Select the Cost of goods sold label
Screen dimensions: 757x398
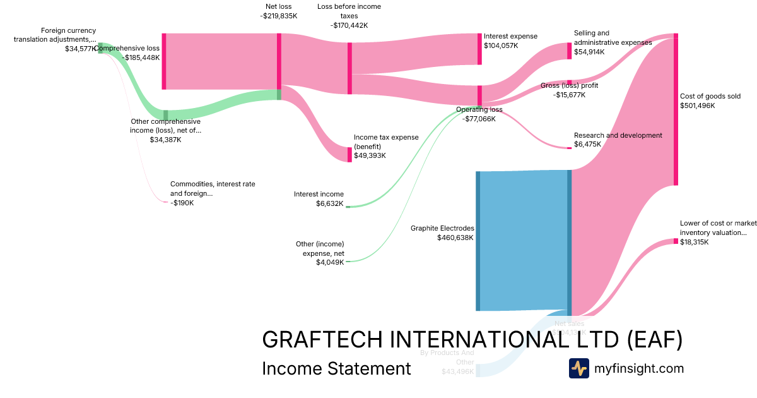click(x=710, y=97)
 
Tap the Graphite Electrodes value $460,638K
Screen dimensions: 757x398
click(x=455, y=238)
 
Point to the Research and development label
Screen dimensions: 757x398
click(x=618, y=135)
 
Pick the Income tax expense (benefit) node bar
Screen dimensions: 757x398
click(x=349, y=155)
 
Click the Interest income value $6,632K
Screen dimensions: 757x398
click(x=330, y=204)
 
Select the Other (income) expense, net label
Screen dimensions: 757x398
click(x=320, y=248)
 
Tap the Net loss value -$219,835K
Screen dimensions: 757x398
click(x=278, y=16)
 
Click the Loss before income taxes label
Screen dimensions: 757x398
click(x=349, y=11)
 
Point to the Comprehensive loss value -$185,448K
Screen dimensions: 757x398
click(x=141, y=57)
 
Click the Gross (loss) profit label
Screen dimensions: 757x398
click(x=569, y=86)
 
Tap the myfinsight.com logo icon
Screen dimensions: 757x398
click(x=578, y=368)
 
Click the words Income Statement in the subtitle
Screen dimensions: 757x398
click(x=336, y=368)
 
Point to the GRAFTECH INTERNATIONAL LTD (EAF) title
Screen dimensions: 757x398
click(x=472, y=340)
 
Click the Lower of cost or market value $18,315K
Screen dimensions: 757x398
click(x=694, y=242)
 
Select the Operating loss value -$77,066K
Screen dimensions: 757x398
click(x=479, y=119)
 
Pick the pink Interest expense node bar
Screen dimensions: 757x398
click(x=479, y=49)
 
